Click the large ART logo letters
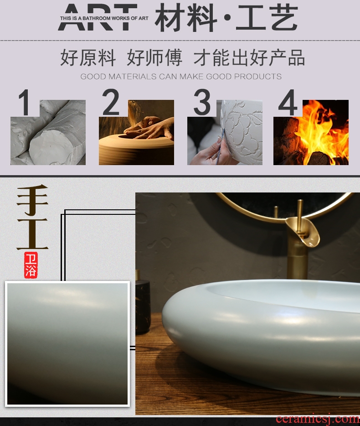[97, 17]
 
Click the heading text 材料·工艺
[226, 18]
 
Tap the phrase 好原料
[87, 57]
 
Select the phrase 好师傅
[154, 57]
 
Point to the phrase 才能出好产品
[249, 57]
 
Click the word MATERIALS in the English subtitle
[133, 77]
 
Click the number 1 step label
[25, 103]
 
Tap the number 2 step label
[111, 102]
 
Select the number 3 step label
[202, 102]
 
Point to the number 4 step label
[288, 103]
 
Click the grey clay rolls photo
[48, 132]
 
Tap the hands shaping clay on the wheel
[149, 128]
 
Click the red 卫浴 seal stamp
[31, 265]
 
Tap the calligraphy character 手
[32, 200]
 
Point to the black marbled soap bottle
[143, 303]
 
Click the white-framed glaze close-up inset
[67, 344]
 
